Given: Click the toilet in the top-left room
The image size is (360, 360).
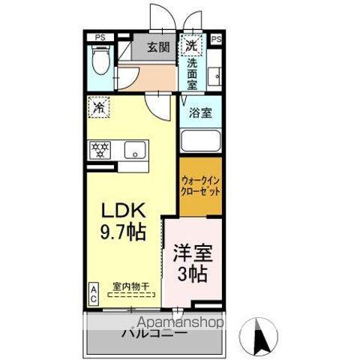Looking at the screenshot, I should (x=100, y=55).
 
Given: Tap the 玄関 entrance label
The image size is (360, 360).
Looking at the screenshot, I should (x=157, y=46).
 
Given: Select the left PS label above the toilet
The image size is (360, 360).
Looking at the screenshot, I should (x=99, y=37).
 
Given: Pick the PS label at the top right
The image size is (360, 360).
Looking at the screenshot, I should (x=216, y=37).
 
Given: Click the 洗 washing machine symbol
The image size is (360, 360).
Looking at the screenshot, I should (x=192, y=46).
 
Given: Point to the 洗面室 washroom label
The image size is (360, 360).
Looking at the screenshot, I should (x=192, y=73).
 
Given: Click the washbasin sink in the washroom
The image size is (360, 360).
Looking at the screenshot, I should (x=214, y=76).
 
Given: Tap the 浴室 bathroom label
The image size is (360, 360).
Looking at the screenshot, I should (x=199, y=113).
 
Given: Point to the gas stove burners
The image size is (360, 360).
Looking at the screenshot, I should (x=100, y=149).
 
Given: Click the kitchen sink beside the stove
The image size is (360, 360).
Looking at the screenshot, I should (x=135, y=149).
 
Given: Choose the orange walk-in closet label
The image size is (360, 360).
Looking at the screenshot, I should (x=200, y=185).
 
